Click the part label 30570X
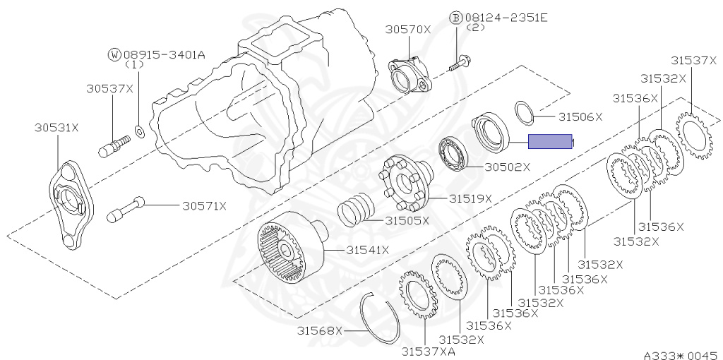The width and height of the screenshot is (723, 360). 407,29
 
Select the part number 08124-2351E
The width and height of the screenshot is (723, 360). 501,17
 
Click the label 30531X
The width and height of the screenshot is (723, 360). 56,128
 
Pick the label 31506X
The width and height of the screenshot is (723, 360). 580,116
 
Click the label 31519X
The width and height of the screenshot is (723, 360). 468,198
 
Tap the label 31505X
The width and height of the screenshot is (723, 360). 407,220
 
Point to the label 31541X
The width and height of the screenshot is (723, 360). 368,250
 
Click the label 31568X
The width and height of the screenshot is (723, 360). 318,330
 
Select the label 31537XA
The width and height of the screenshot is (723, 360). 429,351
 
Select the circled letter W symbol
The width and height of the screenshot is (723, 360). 114,54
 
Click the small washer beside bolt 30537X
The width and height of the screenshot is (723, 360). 139,130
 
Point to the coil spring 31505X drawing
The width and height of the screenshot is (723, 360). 354,210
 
